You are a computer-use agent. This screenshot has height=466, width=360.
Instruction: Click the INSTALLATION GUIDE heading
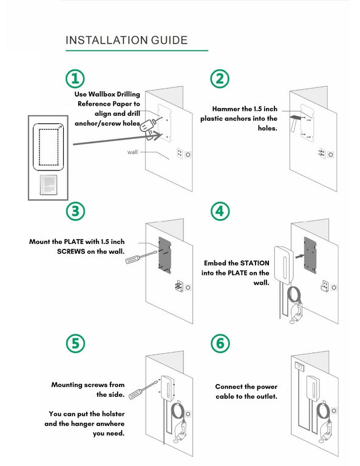pos(126,40)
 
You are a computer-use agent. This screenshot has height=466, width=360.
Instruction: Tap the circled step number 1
pos(75,79)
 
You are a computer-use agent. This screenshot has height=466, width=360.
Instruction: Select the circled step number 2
pos(220,79)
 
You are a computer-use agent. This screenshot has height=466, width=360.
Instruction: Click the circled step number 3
pos(75,211)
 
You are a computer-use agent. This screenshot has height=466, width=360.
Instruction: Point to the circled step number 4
pos(220,211)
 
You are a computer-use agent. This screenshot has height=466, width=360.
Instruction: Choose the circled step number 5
pos(75,343)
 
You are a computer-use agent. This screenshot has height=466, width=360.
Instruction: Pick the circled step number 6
pos(220,343)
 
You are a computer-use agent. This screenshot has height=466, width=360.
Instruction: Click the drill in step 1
pos(149,125)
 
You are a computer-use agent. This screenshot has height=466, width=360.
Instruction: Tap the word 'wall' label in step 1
pos(133,152)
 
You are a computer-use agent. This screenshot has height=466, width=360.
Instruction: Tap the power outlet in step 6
pos(299,366)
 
